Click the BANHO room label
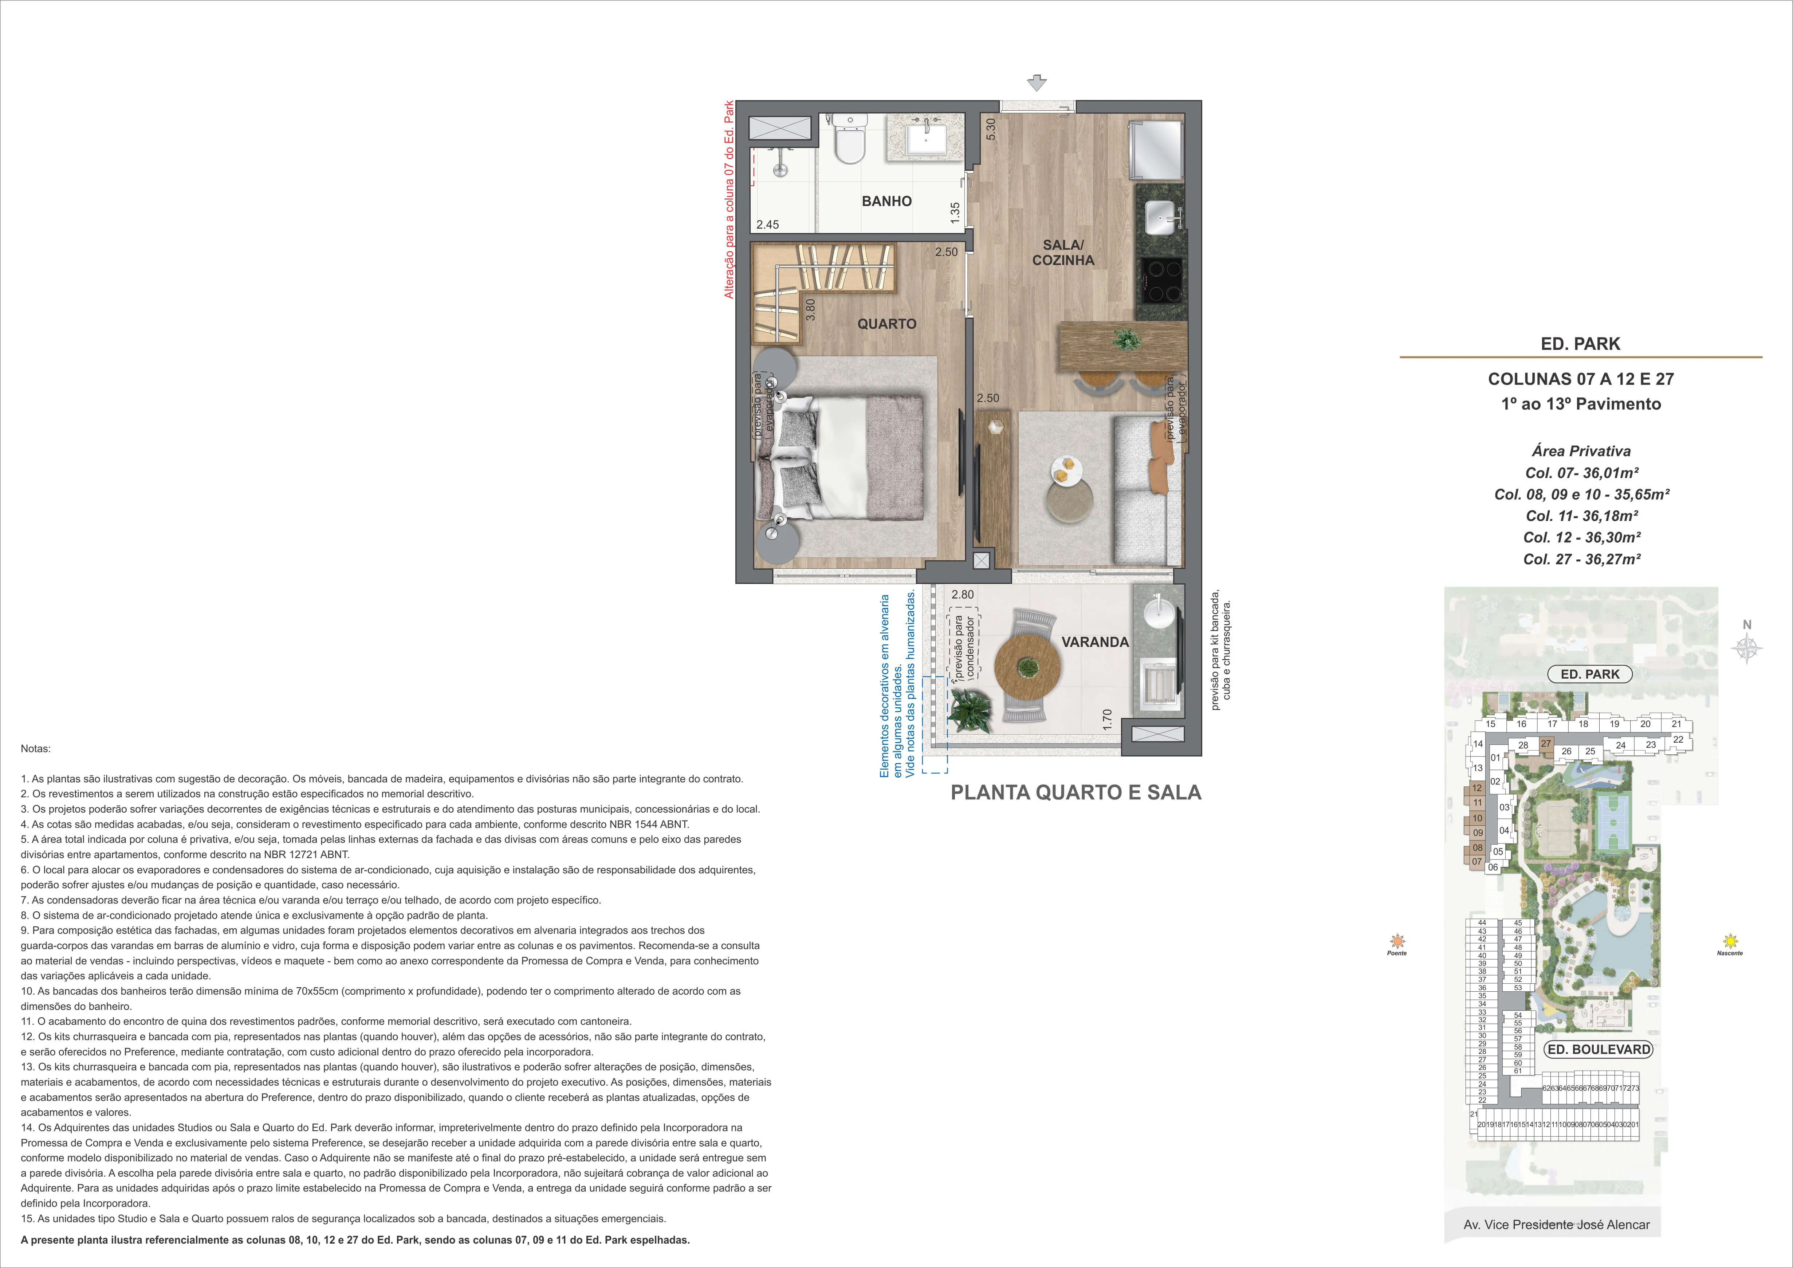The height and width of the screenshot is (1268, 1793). tap(886, 201)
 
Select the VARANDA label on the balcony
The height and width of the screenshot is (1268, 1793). tap(1095, 642)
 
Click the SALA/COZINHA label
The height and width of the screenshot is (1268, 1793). tap(1063, 253)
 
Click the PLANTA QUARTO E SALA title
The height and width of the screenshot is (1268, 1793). tap(1076, 793)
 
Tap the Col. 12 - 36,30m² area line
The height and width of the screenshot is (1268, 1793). tap(1581, 537)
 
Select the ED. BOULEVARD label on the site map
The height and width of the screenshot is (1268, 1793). tap(1599, 1049)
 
